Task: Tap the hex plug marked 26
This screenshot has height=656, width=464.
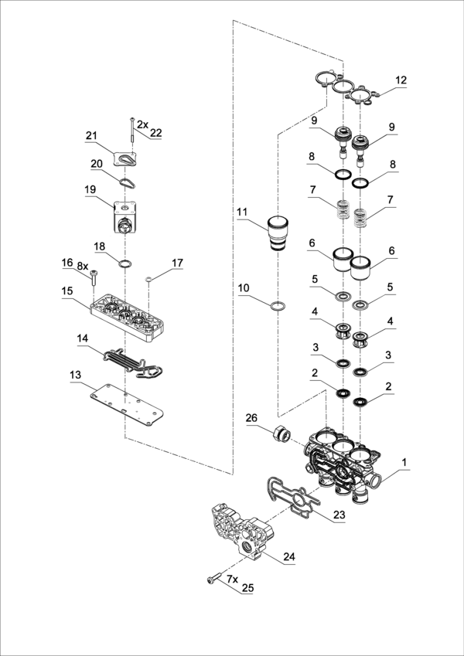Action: tap(281, 437)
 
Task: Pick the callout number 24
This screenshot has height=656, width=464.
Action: tap(289, 556)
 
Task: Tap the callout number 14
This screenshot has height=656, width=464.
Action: tap(83, 338)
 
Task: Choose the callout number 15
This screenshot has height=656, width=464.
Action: tap(68, 291)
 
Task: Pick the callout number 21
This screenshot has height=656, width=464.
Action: tap(92, 136)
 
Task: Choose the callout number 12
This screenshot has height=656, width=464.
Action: tap(401, 80)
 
